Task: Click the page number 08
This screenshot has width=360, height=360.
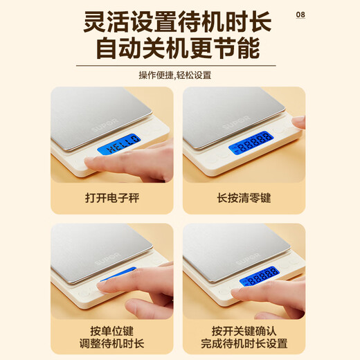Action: (x=300, y=15)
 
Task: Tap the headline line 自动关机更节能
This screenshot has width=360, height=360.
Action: (x=179, y=50)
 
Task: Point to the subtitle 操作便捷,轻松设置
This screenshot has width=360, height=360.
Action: (x=179, y=75)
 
